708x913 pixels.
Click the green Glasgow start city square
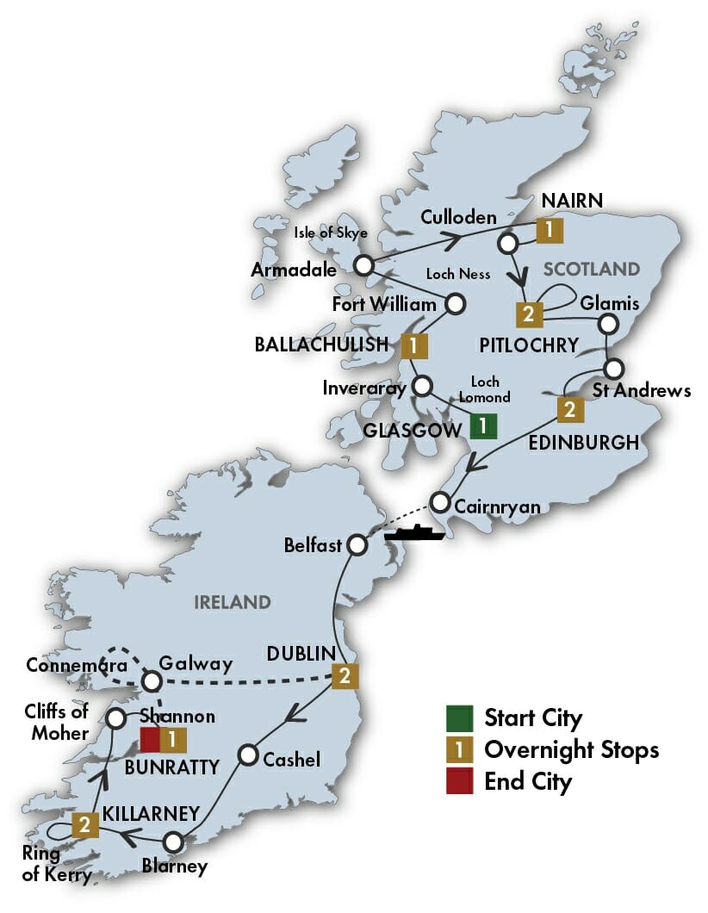(483, 425)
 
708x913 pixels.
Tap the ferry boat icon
(414, 532)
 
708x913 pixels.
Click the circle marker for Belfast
(357, 544)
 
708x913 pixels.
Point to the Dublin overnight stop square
(345, 677)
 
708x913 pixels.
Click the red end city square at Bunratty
(151, 738)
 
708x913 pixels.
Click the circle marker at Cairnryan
(440, 501)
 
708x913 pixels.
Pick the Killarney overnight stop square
(85, 825)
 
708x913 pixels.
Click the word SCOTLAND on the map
(592, 269)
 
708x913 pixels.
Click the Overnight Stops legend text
(571, 749)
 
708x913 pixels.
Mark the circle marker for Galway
(152, 680)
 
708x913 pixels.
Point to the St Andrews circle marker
(612, 369)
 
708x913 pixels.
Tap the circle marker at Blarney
(174, 842)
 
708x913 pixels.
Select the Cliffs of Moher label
(57, 722)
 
